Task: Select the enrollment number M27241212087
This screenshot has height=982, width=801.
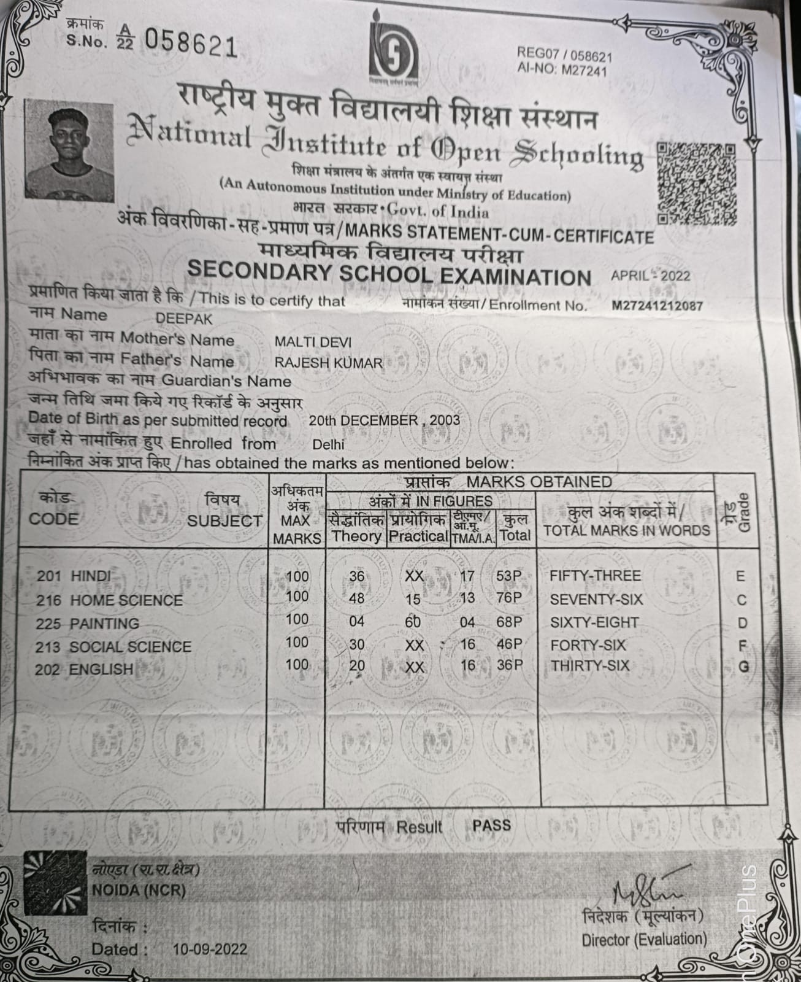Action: point(657,306)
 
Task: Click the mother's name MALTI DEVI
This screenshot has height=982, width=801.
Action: point(313,342)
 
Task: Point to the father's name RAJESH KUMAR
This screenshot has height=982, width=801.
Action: point(328,363)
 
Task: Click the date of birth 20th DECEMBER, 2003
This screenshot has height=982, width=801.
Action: point(384,420)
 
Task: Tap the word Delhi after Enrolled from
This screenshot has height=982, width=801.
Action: point(328,444)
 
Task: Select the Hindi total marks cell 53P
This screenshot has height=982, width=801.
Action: point(508,576)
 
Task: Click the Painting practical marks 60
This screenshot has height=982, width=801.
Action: point(413,622)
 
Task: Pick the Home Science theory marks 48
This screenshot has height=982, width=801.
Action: point(356,598)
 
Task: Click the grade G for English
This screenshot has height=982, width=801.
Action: point(743,667)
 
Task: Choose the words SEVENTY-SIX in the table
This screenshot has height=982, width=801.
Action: point(596,599)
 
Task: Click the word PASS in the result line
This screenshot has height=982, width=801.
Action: point(491,825)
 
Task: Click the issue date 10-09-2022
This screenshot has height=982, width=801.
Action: point(210,949)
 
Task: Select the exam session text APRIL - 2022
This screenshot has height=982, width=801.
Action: point(650,275)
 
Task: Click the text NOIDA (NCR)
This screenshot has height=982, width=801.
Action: point(139,889)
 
